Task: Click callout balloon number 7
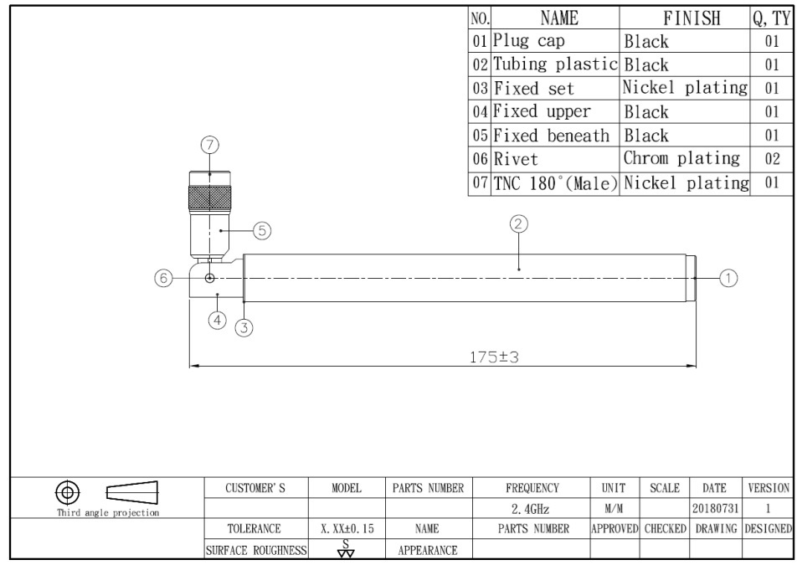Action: [x=209, y=146]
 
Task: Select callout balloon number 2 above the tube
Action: [x=518, y=224]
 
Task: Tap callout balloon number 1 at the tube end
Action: [x=728, y=278]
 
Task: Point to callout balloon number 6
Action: [x=164, y=278]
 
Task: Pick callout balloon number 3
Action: [x=244, y=328]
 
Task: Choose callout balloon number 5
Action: [x=262, y=231]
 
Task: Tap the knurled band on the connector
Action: [x=210, y=198]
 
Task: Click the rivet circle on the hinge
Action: [x=209, y=278]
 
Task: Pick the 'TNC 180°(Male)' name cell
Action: [x=555, y=183]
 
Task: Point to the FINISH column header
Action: [x=692, y=18]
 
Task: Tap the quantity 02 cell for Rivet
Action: [x=772, y=158]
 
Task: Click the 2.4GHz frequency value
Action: [x=531, y=509]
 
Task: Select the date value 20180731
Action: [x=715, y=508]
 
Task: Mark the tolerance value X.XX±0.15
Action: [x=347, y=529]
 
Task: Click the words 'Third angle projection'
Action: [x=108, y=512]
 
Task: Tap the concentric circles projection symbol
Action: [x=68, y=492]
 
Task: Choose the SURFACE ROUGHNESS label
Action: [x=256, y=550]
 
